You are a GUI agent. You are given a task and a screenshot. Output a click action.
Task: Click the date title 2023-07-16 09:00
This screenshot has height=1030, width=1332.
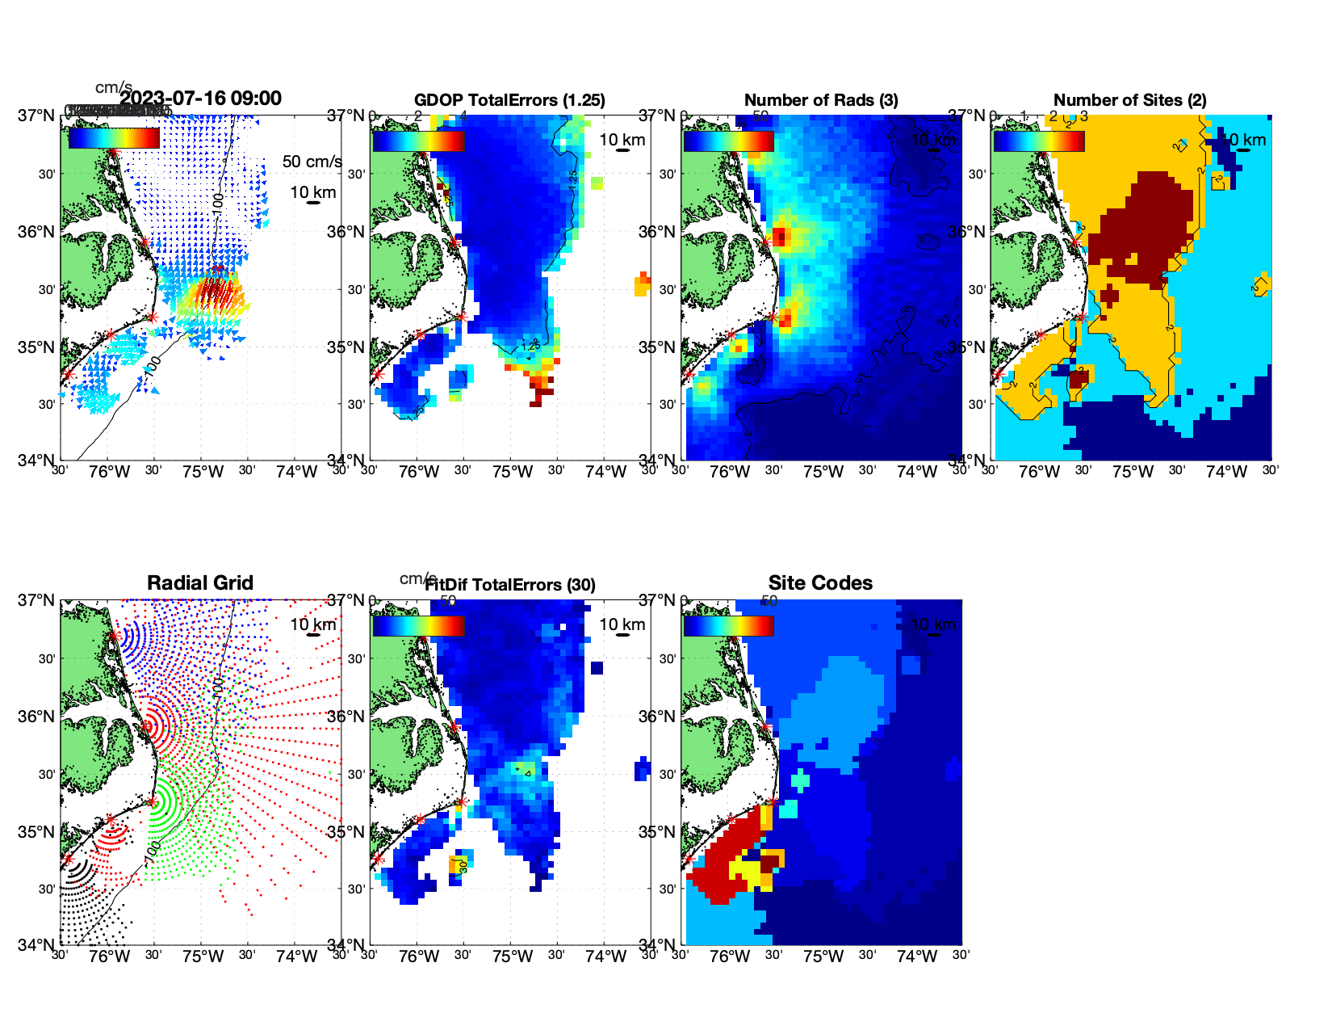(x=200, y=99)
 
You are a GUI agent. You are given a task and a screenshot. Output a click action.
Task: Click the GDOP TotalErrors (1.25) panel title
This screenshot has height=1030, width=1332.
(x=509, y=100)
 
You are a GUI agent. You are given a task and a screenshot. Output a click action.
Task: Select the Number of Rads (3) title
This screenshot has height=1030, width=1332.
(x=821, y=100)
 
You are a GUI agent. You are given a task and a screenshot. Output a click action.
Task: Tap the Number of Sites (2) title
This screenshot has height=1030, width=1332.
(x=1129, y=100)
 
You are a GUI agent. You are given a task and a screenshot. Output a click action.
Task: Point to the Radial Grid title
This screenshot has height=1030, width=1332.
(x=200, y=583)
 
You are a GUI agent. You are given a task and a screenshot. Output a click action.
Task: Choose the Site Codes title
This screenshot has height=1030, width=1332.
(x=820, y=583)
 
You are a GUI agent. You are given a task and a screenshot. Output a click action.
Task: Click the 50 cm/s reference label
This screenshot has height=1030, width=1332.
(x=312, y=162)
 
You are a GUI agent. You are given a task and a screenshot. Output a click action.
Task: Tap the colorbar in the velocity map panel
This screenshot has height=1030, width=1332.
(x=114, y=139)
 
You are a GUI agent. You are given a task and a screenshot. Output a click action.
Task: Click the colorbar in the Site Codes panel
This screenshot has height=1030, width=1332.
(x=728, y=625)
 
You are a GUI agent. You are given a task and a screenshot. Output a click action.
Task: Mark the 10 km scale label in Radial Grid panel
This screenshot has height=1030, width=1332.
(x=312, y=624)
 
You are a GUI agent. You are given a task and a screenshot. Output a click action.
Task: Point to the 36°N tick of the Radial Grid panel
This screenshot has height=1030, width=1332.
(x=37, y=717)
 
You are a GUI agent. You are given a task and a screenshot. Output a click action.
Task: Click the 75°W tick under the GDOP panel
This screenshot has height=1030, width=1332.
(x=512, y=472)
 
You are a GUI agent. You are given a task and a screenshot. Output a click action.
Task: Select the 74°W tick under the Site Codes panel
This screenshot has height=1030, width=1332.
(x=917, y=956)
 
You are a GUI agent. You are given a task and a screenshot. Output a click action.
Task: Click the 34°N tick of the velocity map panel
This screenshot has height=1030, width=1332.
(x=37, y=460)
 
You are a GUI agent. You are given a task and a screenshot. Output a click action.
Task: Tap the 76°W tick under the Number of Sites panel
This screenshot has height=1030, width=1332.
(x=1039, y=472)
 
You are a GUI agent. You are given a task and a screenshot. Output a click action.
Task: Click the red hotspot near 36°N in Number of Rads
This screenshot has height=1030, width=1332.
(x=780, y=237)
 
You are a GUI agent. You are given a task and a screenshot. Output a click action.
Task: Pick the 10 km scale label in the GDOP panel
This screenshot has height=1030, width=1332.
(x=622, y=140)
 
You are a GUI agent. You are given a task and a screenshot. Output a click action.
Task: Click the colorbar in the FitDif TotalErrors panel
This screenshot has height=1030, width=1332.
(x=418, y=625)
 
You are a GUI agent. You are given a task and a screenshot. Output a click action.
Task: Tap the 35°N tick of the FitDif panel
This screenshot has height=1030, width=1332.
(x=346, y=832)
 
